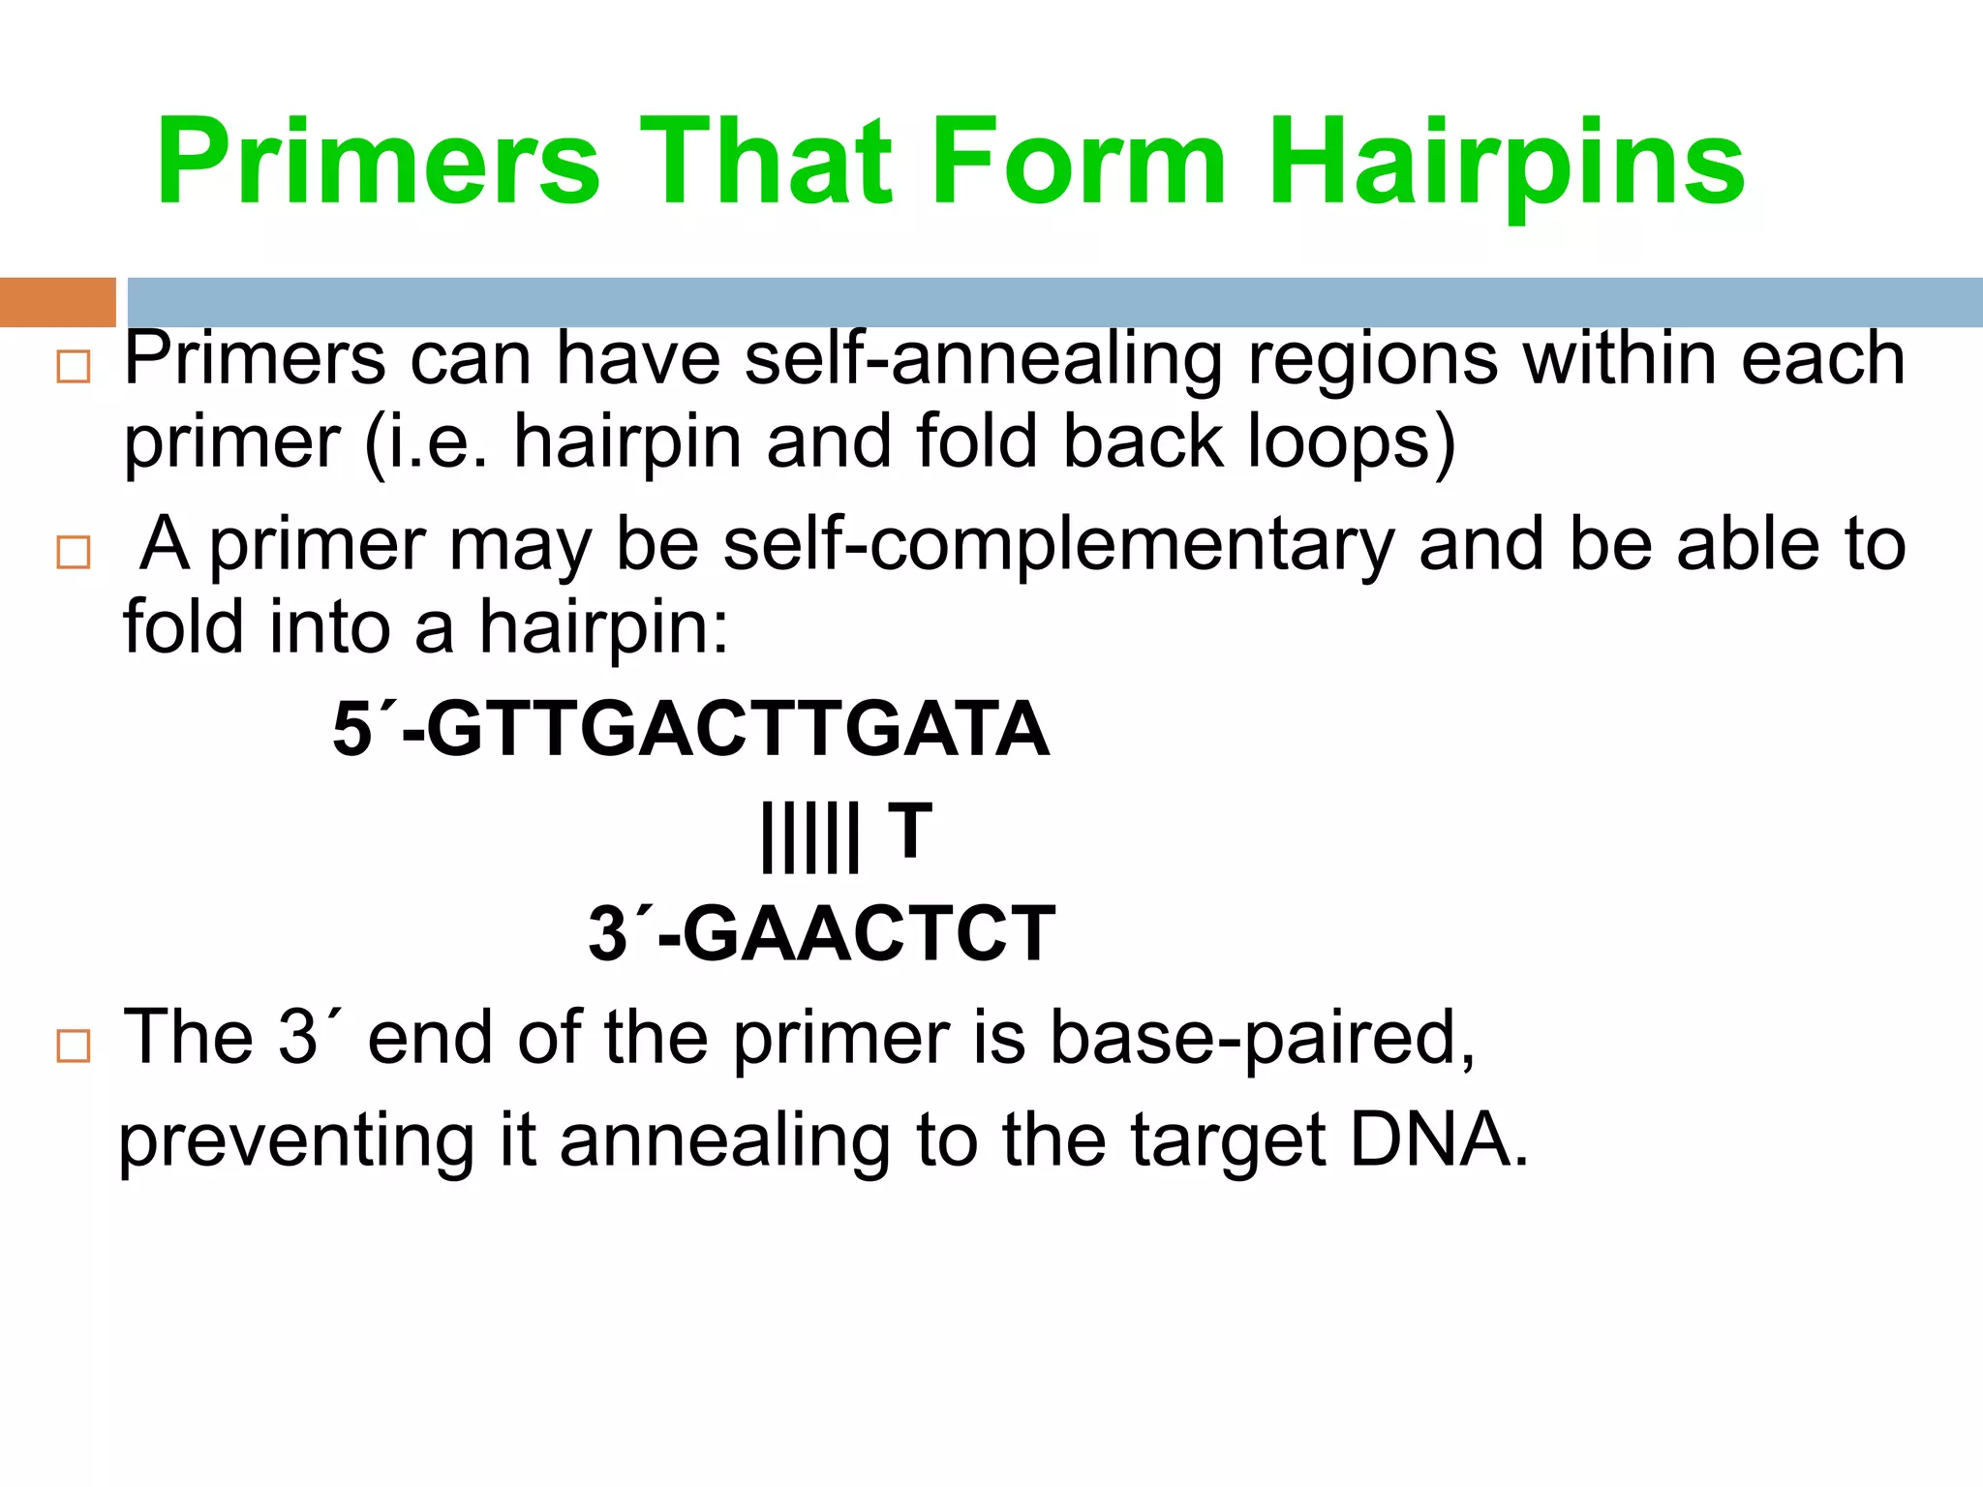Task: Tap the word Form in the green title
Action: coord(1078,163)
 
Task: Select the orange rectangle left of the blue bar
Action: coord(57,302)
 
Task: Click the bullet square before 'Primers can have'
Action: coord(74,368)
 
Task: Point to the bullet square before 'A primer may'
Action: coord(74,553)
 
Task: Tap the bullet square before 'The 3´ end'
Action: coord(74,1047)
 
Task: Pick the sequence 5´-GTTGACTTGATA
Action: coord(690,729)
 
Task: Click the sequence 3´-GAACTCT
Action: coord(821,934)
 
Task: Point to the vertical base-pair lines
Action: coord(809,837)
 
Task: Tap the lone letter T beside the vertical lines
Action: coord(910,830)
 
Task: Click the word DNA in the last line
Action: coord(1438,1139)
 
